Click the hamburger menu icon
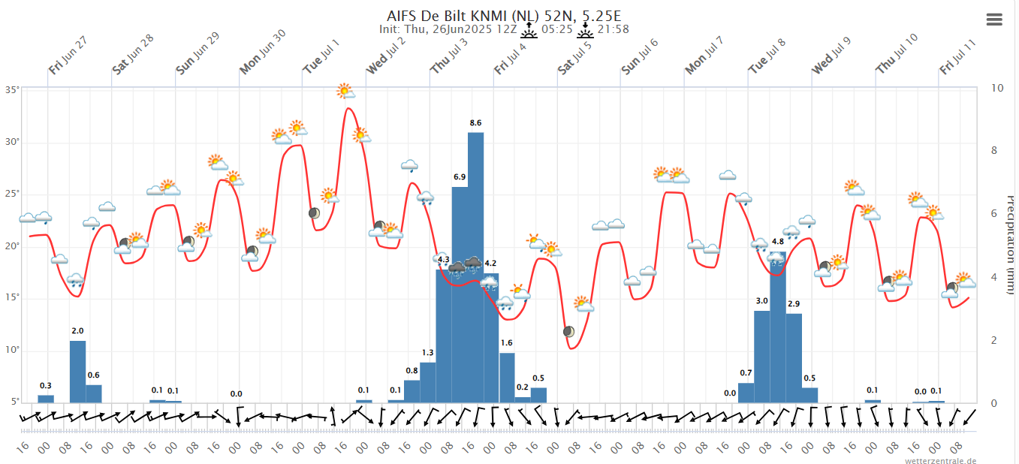[994, 20]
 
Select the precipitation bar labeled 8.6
[475, 267]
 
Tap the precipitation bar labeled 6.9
[460, 294]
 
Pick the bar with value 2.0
[77, 371]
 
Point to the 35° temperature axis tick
[12, 89]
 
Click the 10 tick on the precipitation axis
[998, 88]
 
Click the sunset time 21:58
[614, 29]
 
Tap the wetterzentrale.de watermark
[940, 460]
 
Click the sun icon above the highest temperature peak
[345, 91]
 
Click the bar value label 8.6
[475, 122]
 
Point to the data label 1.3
[428, 352]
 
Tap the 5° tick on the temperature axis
[15, 402]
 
